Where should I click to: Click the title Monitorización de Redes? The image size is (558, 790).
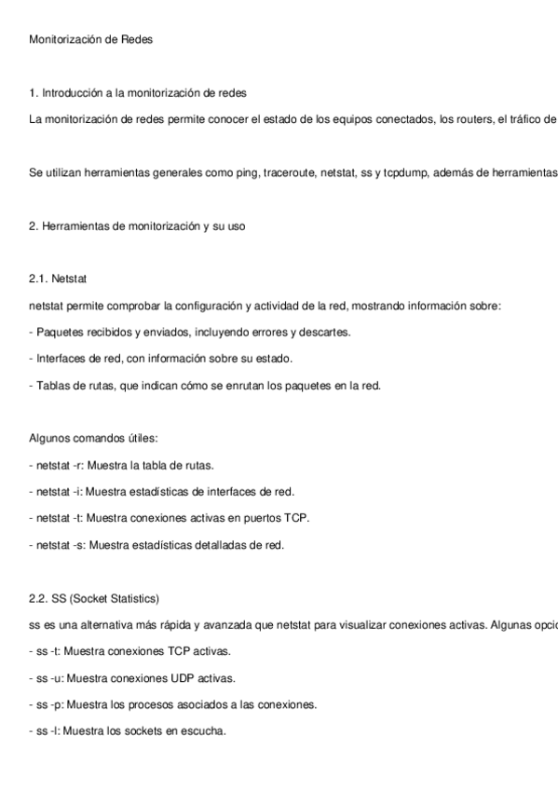tap(90, 40)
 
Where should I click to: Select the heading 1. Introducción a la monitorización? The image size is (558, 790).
tap(138, 95)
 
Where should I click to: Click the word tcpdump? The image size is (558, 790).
tap(399, 172)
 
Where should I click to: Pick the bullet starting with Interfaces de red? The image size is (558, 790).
tap(162, 359)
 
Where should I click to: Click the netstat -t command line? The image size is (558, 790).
tap(170, 518)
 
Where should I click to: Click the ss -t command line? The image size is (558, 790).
tap(130, 650)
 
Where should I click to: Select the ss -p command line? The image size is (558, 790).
tap(172, 704)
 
